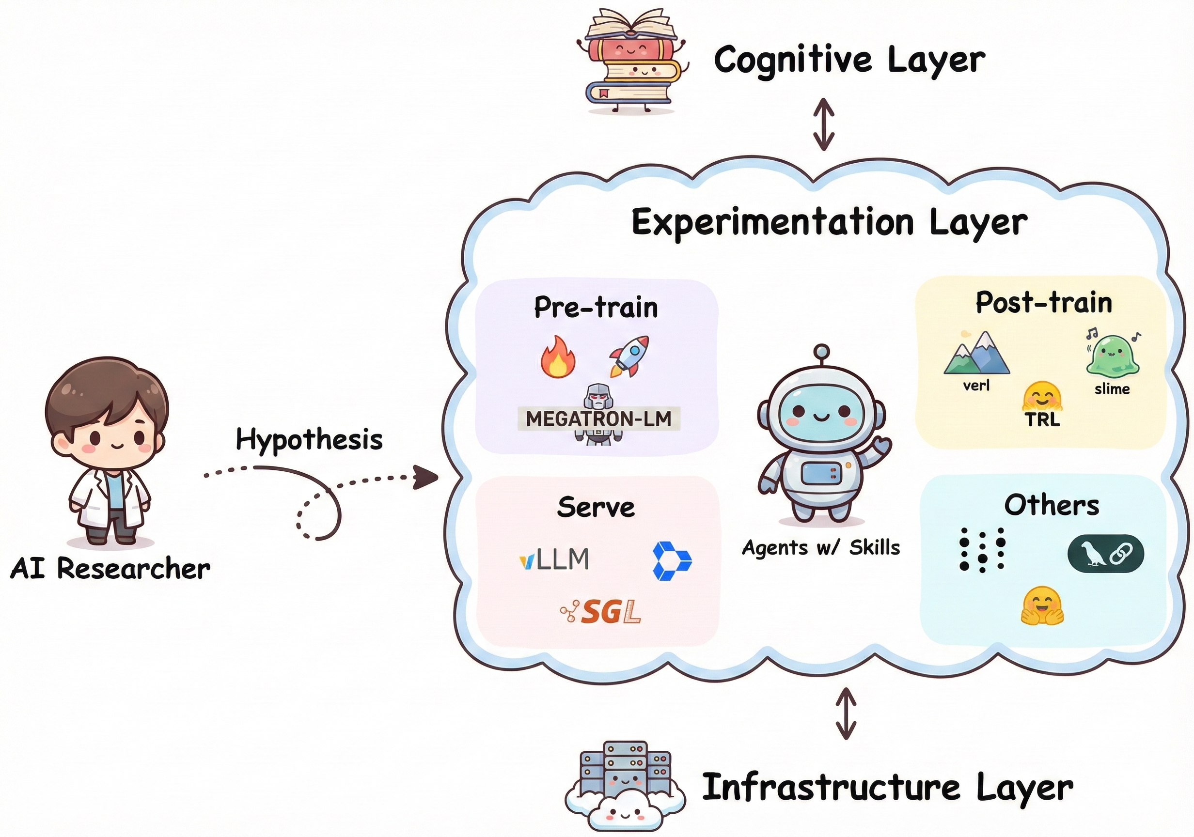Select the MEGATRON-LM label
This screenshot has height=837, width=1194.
598,418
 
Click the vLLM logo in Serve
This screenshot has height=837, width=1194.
554,559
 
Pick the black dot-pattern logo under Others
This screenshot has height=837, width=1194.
982,550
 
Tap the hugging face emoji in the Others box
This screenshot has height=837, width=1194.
1042,606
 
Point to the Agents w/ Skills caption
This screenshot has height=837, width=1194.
820,547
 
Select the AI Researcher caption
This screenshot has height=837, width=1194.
110,568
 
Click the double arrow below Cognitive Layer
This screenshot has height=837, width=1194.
824,125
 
